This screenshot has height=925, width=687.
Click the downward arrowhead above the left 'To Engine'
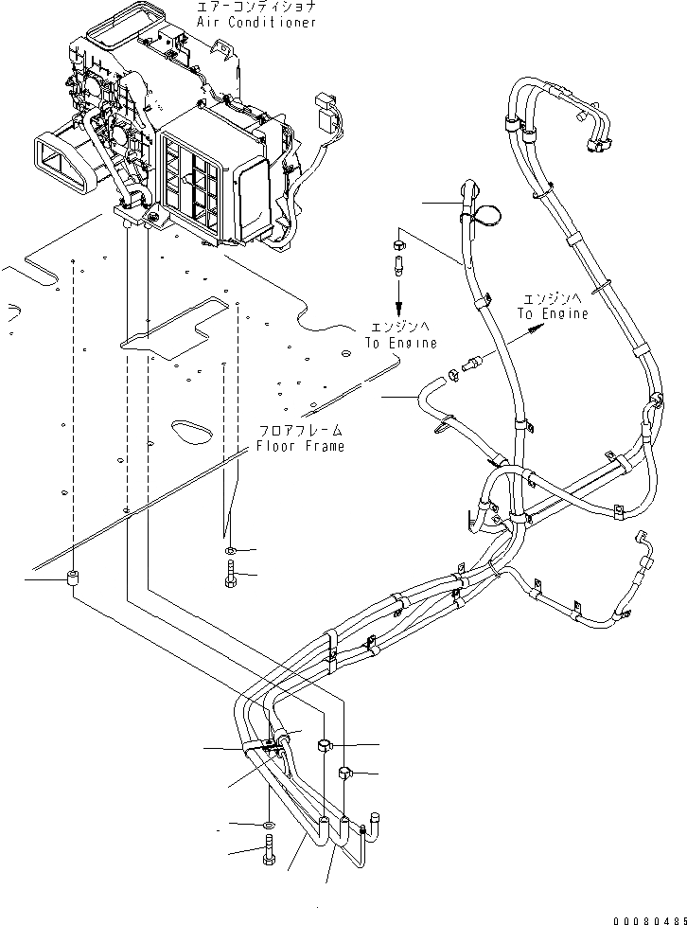[398, 310]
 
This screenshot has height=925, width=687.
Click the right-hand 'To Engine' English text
[553, 313]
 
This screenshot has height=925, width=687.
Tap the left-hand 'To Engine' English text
[399, 345]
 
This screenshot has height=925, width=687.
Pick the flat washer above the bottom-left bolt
[269, 826]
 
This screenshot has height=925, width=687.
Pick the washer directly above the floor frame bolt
[232, 550]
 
